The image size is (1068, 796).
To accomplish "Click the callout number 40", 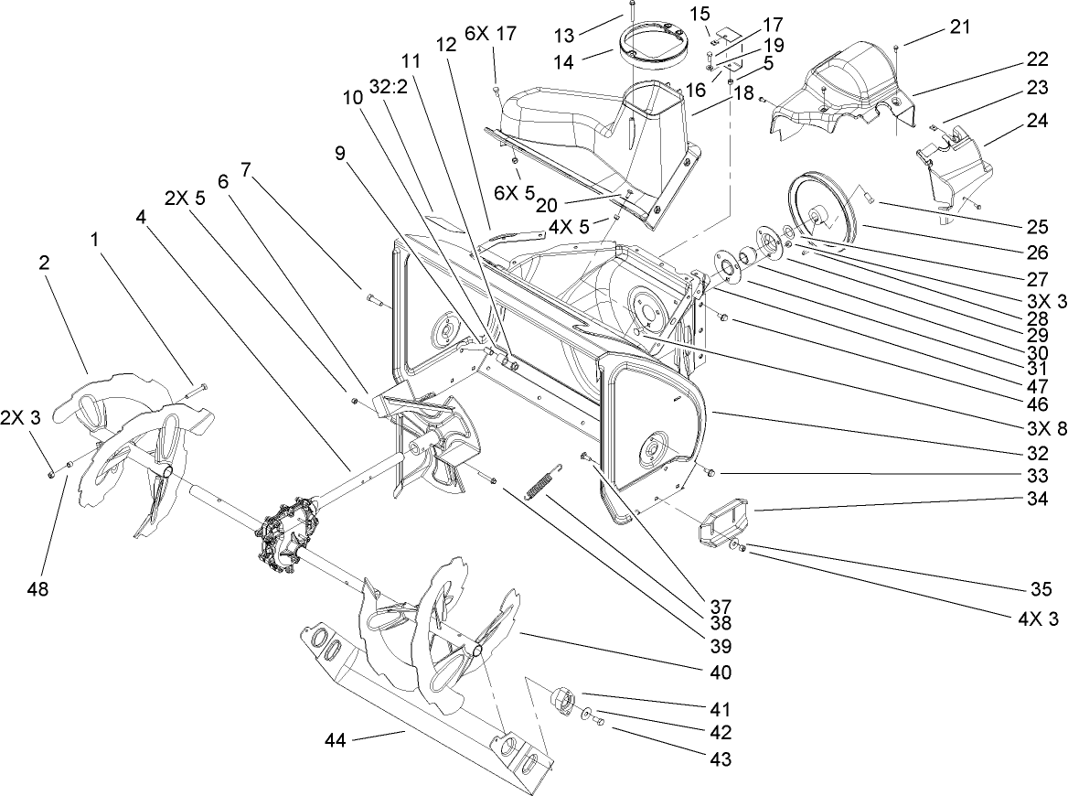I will pos(720,672).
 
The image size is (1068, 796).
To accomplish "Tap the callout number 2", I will pos(43,262).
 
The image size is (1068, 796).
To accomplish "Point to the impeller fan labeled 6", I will pos(430,439).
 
